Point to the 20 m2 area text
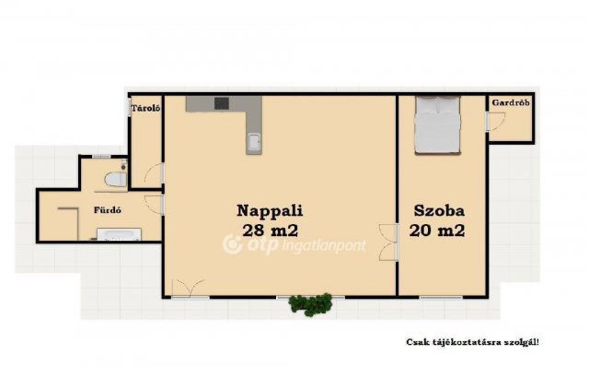point(438,231)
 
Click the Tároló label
point(145,108)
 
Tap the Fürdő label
point(108,210)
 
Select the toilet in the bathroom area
point(114,179)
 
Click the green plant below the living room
point(309,303)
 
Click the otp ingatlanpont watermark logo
point(295,245)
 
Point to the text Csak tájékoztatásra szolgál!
point(472,341)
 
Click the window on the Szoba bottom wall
point(439,296)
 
